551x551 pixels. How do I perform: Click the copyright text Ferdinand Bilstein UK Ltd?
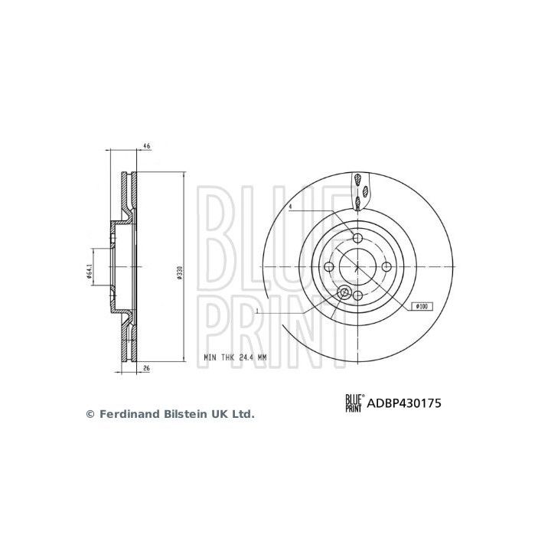coord(170,414)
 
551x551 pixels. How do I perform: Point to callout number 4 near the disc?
coord(291,207)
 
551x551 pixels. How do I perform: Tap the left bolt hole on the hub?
coord(329,266)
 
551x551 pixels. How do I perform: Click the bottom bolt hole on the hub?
coord(358,295)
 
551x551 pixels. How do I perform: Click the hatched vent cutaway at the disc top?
coord(358,191)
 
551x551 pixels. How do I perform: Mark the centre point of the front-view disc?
coord(358,266)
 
